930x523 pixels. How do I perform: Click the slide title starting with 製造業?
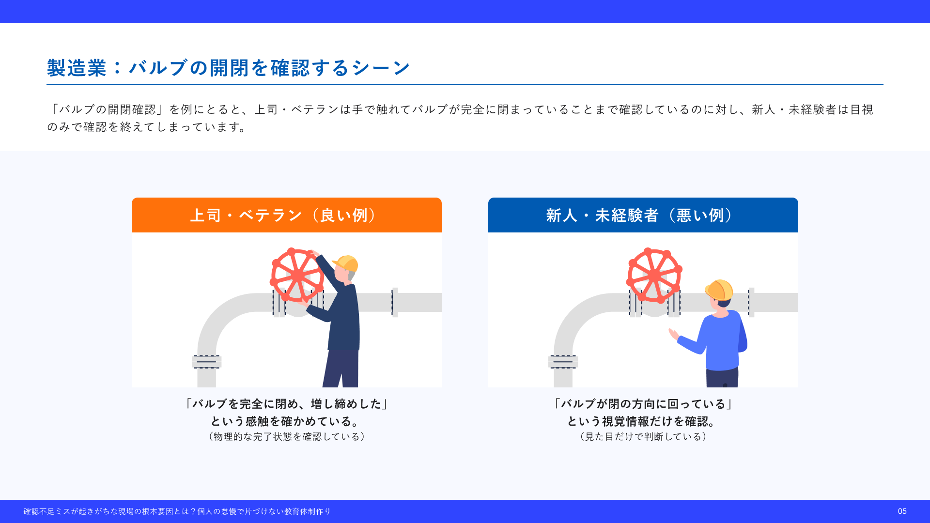click(229, 68)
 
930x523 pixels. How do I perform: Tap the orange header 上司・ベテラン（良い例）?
click(287, 215)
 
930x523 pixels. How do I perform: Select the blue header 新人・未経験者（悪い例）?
click(643, 215)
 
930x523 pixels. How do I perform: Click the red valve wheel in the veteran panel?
click(297, 275)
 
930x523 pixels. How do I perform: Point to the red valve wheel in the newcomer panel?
click(654, 275)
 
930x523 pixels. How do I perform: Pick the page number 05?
click(902, 511)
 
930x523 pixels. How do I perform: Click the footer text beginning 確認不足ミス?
click(177, 511)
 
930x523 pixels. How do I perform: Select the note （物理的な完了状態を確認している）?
click(287, 437)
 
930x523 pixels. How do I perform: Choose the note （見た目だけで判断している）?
click(643, 437)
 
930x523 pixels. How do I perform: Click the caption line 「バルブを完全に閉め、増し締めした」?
click(287, 404)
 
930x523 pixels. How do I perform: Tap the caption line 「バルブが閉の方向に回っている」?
click(643, 404)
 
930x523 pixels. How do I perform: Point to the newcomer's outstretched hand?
click(673, 334)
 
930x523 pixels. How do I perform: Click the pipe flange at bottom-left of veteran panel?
click(207, 362)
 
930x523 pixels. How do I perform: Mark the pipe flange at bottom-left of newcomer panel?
click(563, 362)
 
